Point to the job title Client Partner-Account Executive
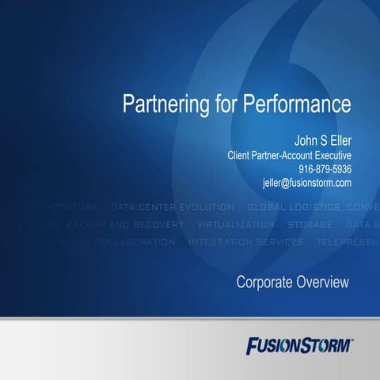pos(290,155)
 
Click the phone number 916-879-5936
pos(325,169)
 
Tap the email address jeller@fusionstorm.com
pos(306,183)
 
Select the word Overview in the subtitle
pos(324,283)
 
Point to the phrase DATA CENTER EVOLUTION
pos(173,207)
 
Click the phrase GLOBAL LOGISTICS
pos(294,207)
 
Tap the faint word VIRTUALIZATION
pos(236,225)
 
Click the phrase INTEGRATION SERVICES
pos(246,242)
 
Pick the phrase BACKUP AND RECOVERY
pos(125,225)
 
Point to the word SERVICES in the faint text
pos(277,242)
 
